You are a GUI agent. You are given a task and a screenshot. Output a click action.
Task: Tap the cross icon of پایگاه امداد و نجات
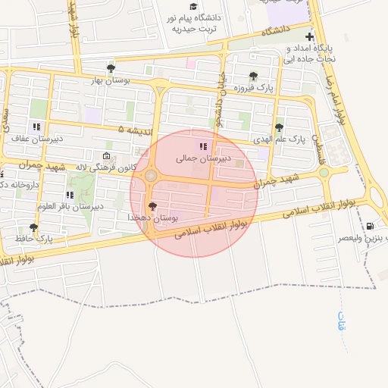309,36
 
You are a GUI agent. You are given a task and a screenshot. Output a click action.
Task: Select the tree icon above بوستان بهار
111,68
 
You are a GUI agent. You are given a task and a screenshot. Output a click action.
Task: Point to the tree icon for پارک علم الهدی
280,127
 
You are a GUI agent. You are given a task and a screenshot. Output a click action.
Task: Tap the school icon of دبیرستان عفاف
35,127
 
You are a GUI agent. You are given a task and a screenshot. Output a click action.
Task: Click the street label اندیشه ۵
131,130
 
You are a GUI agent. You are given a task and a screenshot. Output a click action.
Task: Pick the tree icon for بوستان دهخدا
153,206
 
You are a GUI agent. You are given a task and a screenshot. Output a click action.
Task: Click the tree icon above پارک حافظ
33,227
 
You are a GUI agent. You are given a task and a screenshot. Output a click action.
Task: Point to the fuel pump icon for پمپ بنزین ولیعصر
370,226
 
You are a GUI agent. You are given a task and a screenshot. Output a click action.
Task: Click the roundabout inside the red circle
151,176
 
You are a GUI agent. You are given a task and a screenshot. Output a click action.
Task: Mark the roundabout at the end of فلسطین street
324,173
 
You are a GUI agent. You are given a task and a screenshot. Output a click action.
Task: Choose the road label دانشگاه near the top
277,33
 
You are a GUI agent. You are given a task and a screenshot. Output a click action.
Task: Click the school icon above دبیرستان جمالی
202,145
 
